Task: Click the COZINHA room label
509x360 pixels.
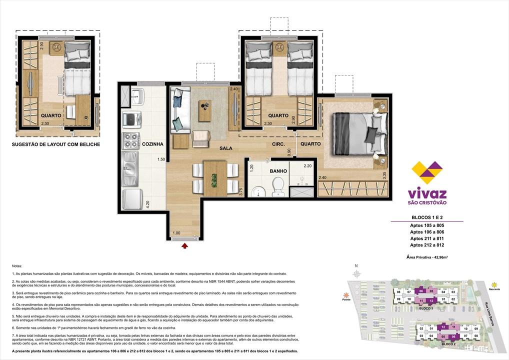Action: [x=152, y=144]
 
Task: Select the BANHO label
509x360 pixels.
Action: [x=278, y=171]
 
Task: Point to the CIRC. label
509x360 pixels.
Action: [x=278, y=144]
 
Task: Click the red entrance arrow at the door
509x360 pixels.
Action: [x=185, y=245]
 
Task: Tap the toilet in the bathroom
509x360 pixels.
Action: [x=277, y=187]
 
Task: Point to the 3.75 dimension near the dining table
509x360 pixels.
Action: [x=240, y=192]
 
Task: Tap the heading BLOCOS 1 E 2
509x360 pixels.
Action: [x=426, y=218]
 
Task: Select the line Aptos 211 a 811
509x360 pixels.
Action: [x=426, y=238]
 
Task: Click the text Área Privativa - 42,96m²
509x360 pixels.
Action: [x=426, y=256]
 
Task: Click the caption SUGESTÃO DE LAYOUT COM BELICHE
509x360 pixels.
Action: [x=55, y=144]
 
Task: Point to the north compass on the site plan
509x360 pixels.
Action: [x=356, y=273]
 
